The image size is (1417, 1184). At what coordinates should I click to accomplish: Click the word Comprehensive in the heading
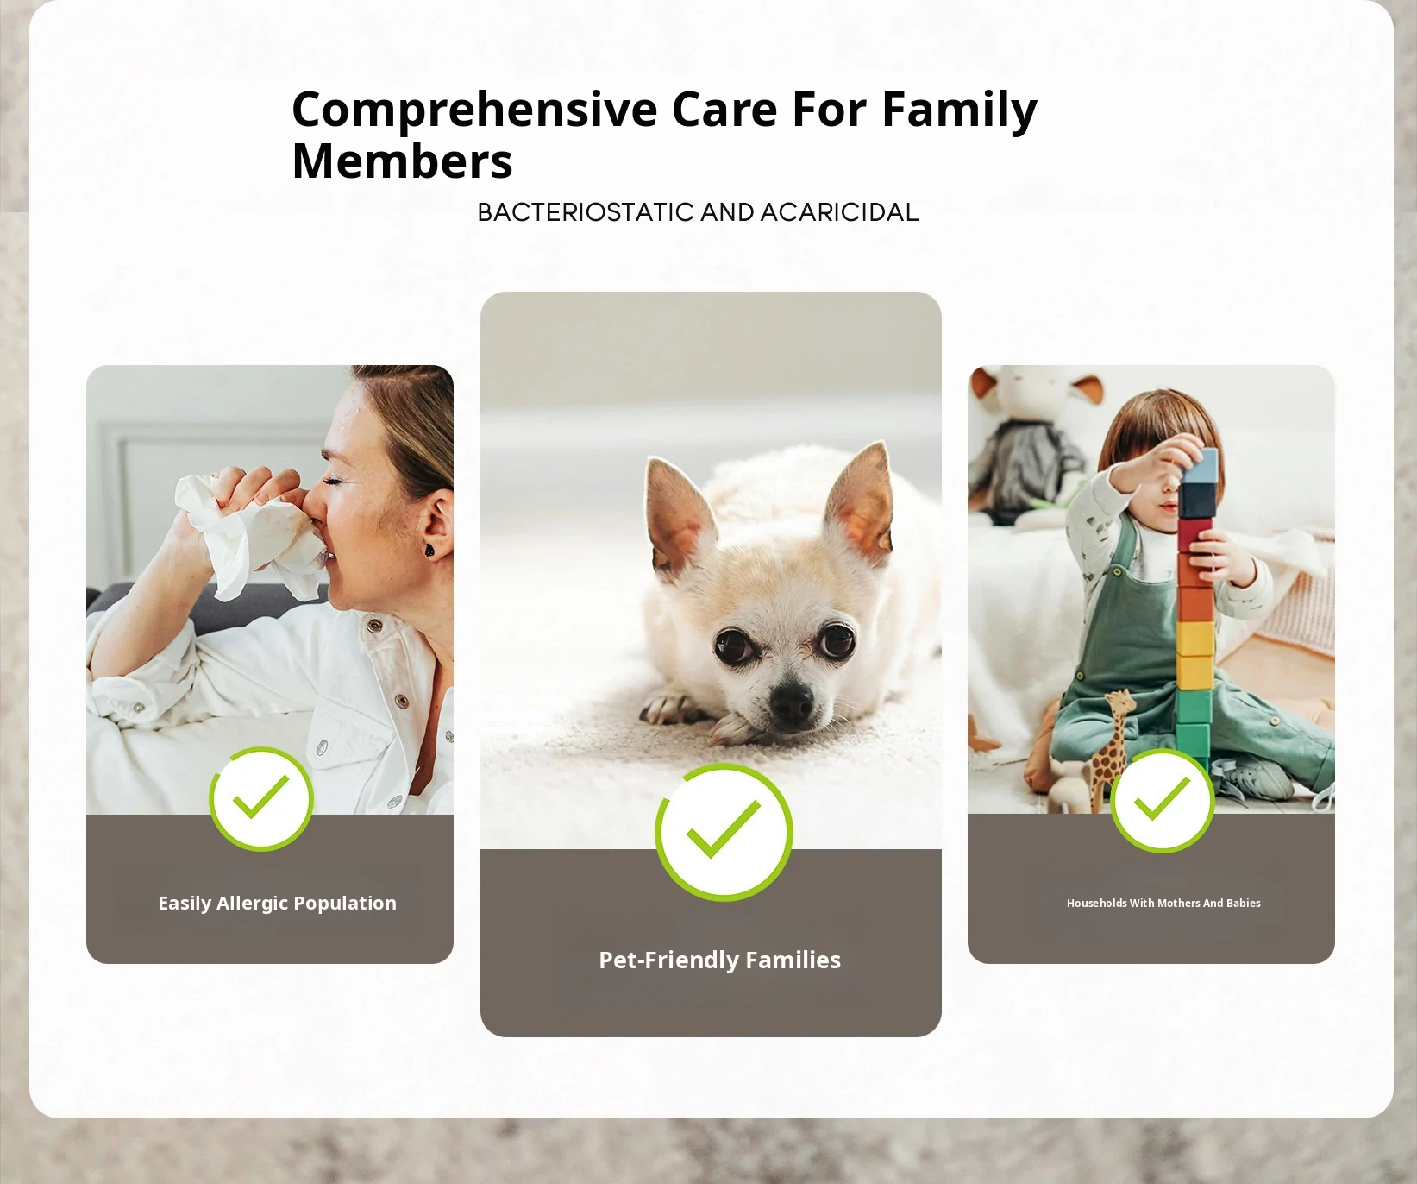(474, 111)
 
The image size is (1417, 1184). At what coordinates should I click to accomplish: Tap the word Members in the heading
(402, 161)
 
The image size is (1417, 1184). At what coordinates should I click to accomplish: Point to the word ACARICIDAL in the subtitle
(839, 212)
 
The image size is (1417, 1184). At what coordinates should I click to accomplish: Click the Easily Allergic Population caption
(277, 904)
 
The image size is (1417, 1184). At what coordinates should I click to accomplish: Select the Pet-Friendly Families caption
(719, 960)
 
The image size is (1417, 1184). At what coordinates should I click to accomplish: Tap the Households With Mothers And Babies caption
(1163, 904)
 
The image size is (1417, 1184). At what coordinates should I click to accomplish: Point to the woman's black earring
(429, 549)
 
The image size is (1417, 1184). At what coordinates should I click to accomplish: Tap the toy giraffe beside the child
(1110, 747)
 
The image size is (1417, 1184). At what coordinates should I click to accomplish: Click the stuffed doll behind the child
(1036, 444)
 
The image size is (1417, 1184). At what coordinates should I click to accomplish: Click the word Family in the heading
(959, 111)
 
